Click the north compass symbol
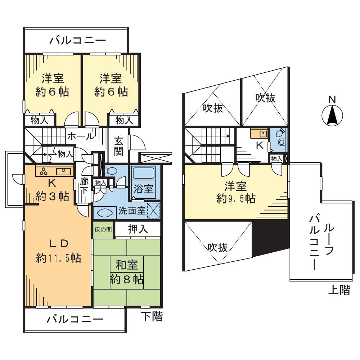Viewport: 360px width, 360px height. pyautogui.click(x=332, y=115)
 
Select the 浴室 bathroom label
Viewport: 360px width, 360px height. pyautogui.click(x=144, y=189)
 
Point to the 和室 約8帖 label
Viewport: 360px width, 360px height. pyautogui.click(x=126, y=273)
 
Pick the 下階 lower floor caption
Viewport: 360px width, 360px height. pyautogui.click(x=151, y=317)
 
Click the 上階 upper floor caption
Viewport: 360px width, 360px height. pyautogui.click(x=339, y=290)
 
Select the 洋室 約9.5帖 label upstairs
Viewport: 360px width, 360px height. pyautogui.click(x=235, y=193)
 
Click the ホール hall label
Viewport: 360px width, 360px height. pyautogui.click(x=81, y=136)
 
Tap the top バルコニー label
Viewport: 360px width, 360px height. pyautogui.click(x=78, y=40)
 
